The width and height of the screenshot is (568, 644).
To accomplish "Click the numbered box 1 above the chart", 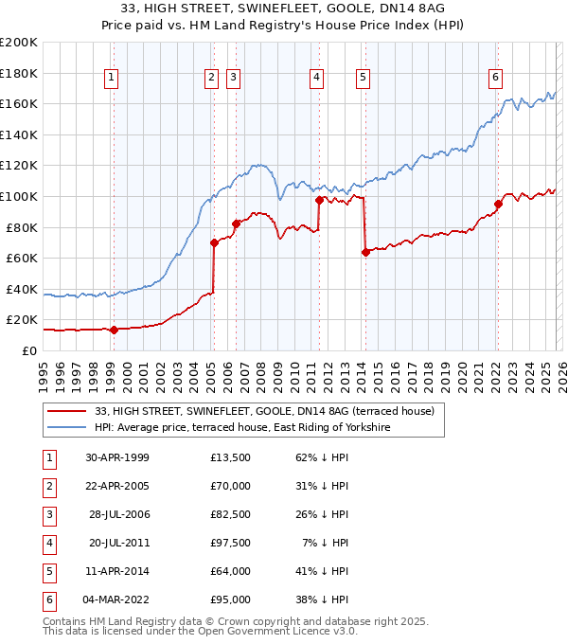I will click(112, 78).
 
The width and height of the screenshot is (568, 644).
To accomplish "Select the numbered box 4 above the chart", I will click(316, 78).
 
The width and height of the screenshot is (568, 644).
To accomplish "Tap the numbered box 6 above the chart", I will click(495, 78).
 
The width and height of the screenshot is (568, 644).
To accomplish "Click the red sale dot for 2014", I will click(365, 252).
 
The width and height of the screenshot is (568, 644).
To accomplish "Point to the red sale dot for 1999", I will click(114, 330).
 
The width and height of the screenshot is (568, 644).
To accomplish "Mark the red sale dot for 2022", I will click(498, 204).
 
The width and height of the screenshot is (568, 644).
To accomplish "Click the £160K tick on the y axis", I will click(19, 103).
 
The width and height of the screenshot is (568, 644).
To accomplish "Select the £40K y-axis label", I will click(22, 289).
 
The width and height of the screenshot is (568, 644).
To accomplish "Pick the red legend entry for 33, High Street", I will click(264, 411).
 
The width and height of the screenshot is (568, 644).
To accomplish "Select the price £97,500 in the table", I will click(231, 544).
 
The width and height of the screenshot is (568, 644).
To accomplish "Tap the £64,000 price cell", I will click(231, 572).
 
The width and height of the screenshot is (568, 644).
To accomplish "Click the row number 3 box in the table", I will click(46, 515).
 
